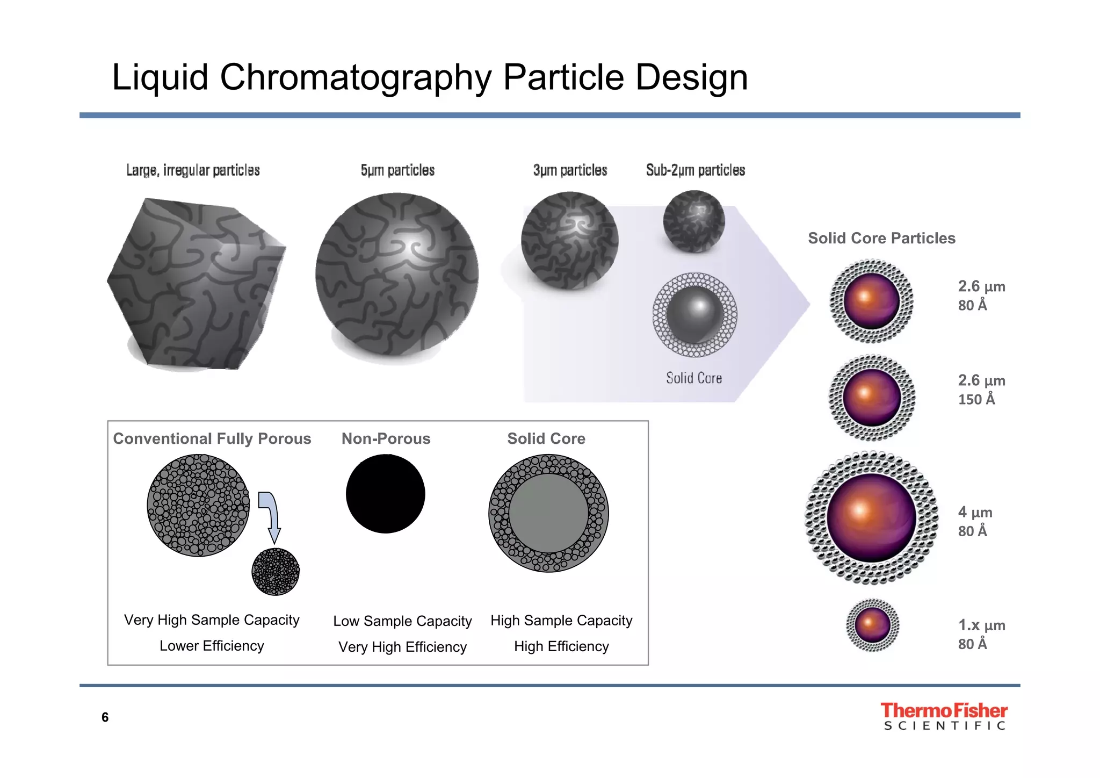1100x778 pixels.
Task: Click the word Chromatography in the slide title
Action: (356, 77)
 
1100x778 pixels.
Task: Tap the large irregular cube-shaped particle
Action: (196, 284)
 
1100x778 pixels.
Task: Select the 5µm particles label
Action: (397, 170)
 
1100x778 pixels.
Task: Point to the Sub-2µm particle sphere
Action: (694, 221)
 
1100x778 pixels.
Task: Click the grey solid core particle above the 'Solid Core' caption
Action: (694, 315)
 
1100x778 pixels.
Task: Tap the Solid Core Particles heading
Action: (881, 238)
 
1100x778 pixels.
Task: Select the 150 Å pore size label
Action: (976, 399)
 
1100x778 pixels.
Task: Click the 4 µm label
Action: (975, 512)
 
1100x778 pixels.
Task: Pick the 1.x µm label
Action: (981, 625)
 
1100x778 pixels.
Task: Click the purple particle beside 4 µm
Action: (871, 518)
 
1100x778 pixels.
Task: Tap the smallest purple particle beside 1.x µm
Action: (872, 625)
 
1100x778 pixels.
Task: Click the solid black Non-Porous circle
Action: (385, 494)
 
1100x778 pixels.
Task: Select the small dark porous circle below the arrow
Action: (276, 572)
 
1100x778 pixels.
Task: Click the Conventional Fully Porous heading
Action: (212, 438)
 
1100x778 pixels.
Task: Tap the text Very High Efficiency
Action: (402, 647)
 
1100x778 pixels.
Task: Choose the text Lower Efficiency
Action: (212, 646)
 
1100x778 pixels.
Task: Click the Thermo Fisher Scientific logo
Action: (944, 716)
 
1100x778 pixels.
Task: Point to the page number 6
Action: (105, 717)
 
